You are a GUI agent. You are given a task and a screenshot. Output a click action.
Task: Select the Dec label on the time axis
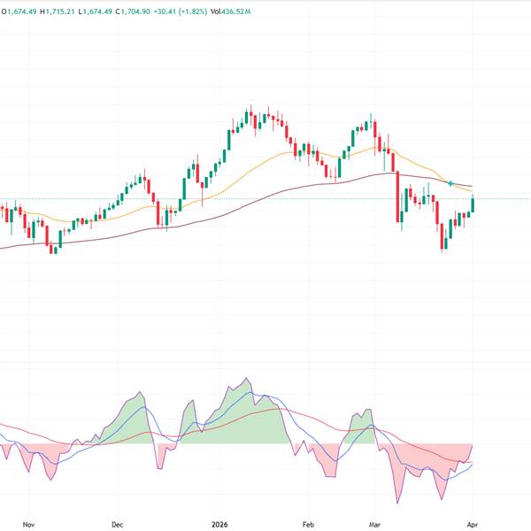pyautogui.click(x=117, y=524)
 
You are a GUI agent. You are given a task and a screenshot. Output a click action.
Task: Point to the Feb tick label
pyautogui.click(x=308, y=524)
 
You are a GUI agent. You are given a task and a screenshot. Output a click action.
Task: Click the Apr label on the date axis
pyautogui.click(x=473, y=524)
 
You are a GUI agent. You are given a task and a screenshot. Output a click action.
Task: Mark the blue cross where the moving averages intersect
pyautogui.click(x=451, y=183)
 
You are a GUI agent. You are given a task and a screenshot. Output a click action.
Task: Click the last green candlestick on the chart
pyautogui.click(x=473, y=204)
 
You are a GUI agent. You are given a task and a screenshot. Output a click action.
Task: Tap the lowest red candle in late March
pyautogui.click(x=442, y=237)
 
